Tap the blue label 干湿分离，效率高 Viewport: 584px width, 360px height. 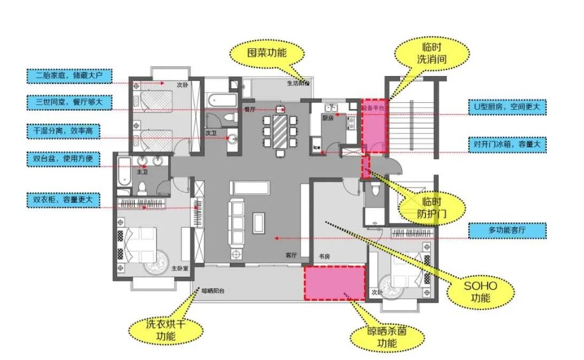pos(64,130)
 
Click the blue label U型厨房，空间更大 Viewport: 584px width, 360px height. pos(507,107)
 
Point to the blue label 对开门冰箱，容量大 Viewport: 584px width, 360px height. pos(507,144)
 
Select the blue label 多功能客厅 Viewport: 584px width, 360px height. pos(507,231)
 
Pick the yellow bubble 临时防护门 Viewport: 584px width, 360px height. pos(431,207)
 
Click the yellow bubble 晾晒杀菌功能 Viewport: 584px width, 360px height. pos(386,337)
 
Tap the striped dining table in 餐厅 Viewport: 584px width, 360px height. pos(280,130)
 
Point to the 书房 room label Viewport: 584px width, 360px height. pos(324,256)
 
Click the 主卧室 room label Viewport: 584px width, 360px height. pos(179,267)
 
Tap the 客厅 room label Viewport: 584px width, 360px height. pos(291,255)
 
